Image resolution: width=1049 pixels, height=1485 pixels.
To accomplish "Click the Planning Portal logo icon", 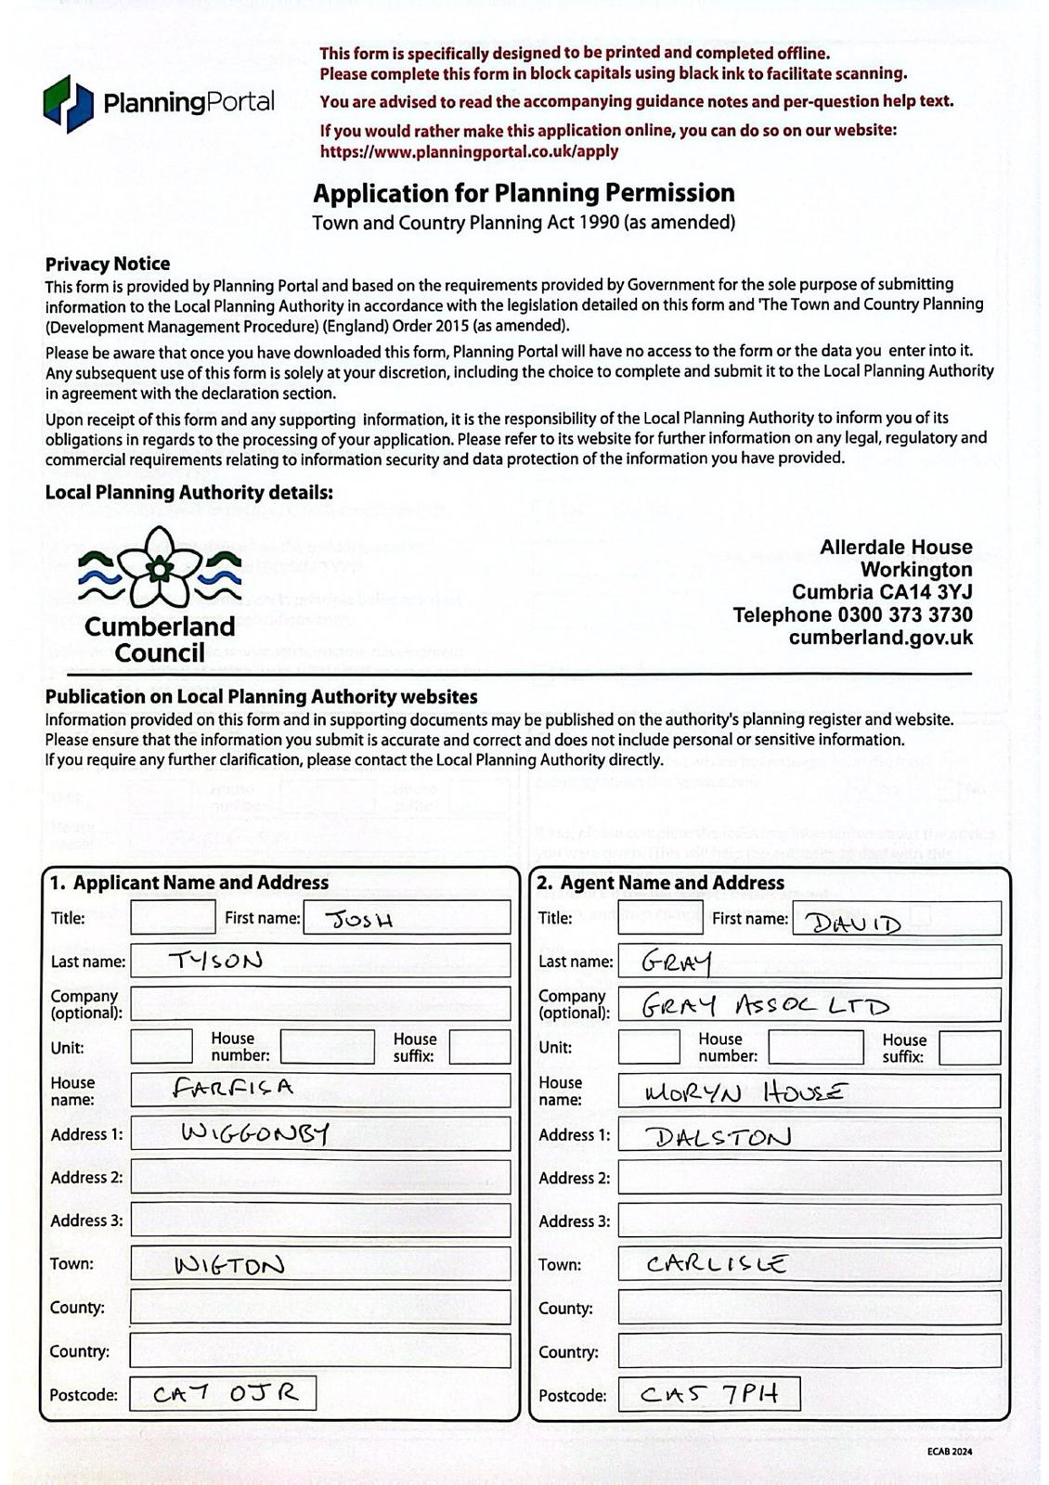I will tap(68, 103).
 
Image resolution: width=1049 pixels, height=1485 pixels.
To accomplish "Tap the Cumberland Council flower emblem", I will tap(161, 566).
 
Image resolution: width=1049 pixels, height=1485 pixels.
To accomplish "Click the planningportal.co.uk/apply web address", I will tap(469, 151).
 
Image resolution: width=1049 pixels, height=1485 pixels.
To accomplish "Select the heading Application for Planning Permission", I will tap(524, 193).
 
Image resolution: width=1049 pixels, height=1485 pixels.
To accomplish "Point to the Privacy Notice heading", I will tap(108, 264).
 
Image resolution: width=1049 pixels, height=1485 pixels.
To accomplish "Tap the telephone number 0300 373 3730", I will tap(905, 614).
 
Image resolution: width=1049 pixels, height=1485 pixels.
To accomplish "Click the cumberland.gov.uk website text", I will tap(880, 638).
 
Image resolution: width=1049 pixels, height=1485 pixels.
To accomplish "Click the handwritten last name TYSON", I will tap(215, 961).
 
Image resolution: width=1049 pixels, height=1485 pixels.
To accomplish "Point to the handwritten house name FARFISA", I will tap(233, 1088).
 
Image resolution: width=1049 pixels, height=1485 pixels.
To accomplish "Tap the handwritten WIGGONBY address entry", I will tap(254, 1133).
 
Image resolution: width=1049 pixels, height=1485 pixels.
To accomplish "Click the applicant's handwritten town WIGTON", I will tap(229, 1265).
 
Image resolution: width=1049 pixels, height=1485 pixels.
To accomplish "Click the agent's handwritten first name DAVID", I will tap(853, 923).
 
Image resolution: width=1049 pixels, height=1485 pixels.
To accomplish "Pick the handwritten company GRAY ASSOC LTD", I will tap(766, 1006).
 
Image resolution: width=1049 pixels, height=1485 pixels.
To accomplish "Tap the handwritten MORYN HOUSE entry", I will tap(745, 1093).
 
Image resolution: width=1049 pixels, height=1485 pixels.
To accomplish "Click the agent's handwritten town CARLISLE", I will tap(717, 1264).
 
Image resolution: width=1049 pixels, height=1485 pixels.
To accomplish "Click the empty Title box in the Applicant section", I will tap(173, 918).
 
